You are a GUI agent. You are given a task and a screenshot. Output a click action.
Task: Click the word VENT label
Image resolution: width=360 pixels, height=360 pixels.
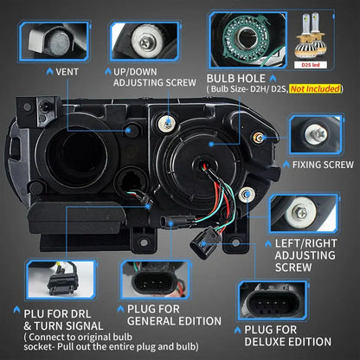pos(67,72)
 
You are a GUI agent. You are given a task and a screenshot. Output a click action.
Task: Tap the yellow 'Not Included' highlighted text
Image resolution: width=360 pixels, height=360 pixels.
pos(315,89)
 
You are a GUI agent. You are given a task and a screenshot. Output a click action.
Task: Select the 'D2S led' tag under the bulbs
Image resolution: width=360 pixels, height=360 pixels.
pos(311,65)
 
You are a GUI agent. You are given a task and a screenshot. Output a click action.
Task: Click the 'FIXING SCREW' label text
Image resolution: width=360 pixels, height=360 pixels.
pos(323,164)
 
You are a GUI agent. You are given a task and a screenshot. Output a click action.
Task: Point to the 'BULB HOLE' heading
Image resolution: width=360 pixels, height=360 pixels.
pos(236,79)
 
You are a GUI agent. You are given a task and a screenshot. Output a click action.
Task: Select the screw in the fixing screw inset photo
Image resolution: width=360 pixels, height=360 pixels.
pos(316,134)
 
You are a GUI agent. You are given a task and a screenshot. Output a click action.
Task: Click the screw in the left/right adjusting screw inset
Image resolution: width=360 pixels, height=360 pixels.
pos(300,213)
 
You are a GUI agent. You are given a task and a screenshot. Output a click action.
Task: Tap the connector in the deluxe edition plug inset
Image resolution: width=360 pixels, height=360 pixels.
pos(272,304)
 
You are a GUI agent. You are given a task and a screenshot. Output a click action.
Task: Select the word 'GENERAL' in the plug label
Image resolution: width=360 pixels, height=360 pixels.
pos(151,321)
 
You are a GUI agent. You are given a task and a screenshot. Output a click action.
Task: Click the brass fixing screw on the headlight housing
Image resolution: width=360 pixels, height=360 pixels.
pos(258,138)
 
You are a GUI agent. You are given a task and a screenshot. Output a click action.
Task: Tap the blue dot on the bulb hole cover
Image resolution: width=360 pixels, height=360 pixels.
pos(211,144)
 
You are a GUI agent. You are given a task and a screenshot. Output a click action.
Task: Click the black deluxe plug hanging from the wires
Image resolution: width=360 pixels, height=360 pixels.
pos(205,241)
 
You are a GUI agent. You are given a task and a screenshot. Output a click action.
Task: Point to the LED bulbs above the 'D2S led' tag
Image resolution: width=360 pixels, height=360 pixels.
pos(311,35)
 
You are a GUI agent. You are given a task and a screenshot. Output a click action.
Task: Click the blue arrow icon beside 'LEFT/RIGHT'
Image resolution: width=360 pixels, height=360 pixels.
pos(268,244)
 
